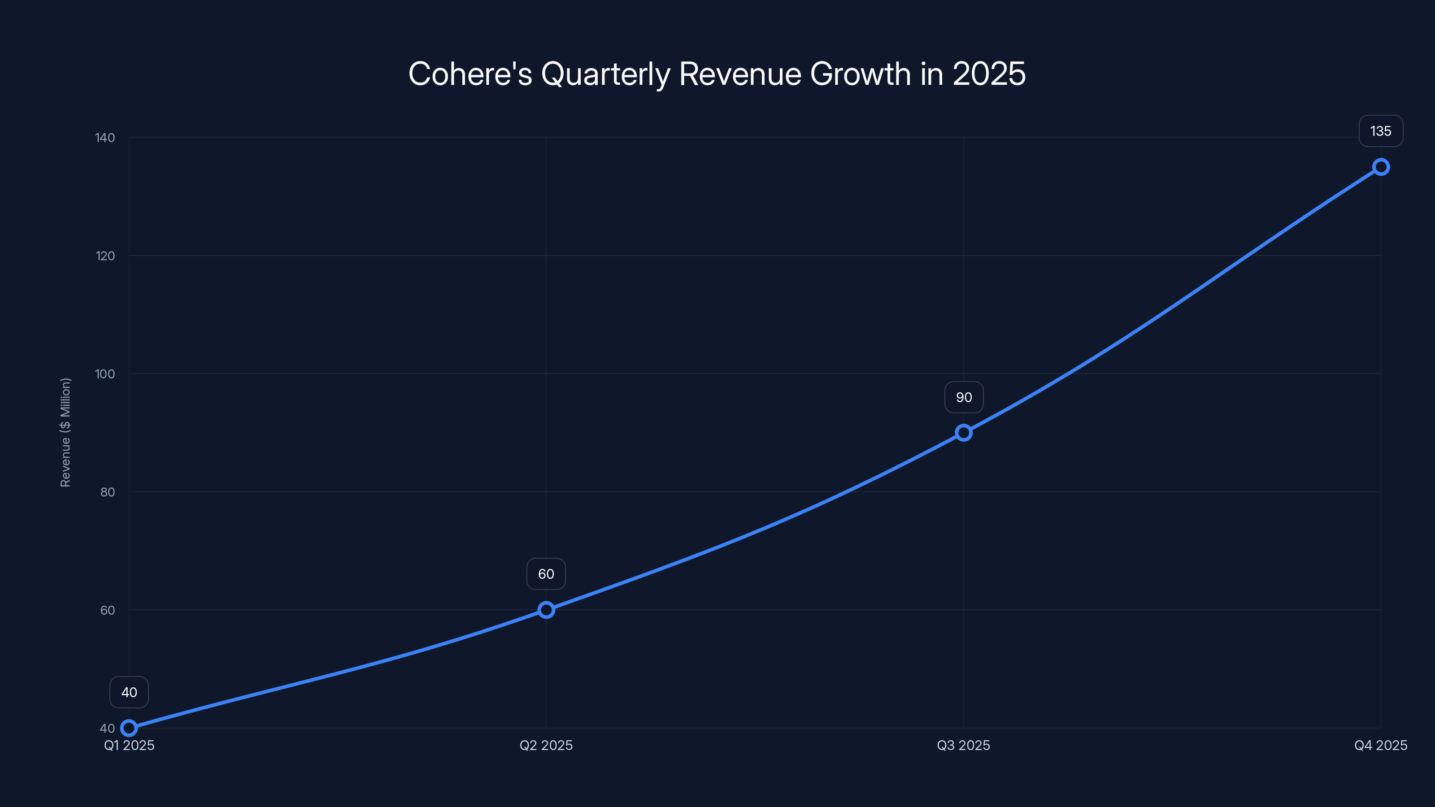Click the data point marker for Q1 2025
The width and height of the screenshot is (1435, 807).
(129, 728)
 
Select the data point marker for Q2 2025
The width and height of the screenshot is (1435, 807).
(546, 610)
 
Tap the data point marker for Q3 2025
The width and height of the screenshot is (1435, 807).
(964, 433)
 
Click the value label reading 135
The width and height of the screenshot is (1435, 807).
(1380, 131)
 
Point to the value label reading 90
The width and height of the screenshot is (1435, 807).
(964, 397)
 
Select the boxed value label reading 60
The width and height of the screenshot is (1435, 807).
(546, 574)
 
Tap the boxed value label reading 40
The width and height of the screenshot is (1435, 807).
(129, 692)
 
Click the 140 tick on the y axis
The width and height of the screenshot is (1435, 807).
(105, 138)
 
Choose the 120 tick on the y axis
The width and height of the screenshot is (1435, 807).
(105, 256)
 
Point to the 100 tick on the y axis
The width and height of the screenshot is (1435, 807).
(105, 374)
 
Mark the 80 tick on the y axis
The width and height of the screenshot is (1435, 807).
(107, 492)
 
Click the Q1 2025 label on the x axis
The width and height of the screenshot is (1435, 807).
(129, 745)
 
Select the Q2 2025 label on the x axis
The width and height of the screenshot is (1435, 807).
(546, 745)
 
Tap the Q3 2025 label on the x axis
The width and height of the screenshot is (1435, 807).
(964, 745)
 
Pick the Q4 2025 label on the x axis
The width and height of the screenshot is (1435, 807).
(1380, 745)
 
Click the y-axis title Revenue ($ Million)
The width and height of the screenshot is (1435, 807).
(65, 432)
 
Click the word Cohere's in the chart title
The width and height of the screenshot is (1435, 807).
(470, 74)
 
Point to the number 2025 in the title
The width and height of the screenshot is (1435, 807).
(989, 74)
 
